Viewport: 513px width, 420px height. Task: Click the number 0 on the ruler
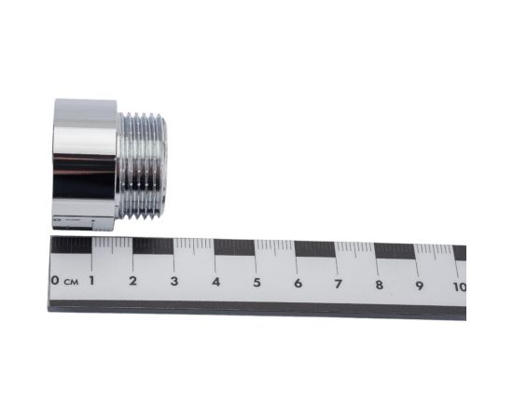point(56,280)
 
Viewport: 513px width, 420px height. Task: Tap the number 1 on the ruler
point(91,280)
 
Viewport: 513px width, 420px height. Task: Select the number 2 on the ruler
point(132,281)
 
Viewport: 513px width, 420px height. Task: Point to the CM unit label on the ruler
point(71,280)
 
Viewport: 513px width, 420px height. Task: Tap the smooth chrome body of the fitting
point(85,163)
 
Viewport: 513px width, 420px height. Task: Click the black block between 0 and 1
point(72,245)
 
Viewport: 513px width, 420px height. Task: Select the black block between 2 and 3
point(153,245)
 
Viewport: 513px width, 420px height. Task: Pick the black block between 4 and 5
point(235,247)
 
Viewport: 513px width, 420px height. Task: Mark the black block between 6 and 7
point(315,249)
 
